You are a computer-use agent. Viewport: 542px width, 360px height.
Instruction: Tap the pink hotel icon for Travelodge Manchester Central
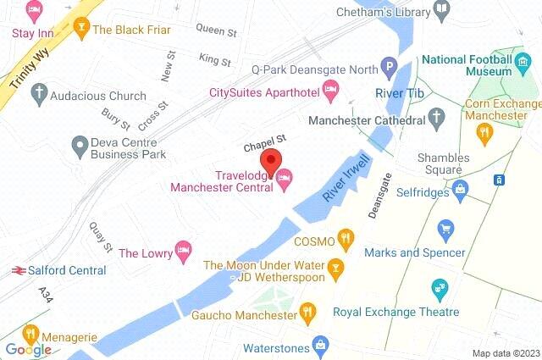click(285, 177)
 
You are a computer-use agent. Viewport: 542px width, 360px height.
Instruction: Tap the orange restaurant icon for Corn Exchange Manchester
click(484, 131)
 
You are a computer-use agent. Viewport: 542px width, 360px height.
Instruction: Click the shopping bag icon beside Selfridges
click(460, 187)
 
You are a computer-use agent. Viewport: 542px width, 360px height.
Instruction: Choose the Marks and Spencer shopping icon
click(445, 228)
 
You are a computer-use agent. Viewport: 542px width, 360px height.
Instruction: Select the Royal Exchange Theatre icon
click(438, 289)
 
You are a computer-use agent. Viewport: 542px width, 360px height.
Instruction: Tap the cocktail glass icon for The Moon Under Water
click(336, 269)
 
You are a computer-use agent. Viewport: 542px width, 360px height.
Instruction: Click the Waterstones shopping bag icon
click(321, 344)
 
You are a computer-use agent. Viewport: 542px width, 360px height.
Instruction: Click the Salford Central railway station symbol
click(16, 270)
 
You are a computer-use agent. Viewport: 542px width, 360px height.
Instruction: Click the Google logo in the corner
click(28, 349)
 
